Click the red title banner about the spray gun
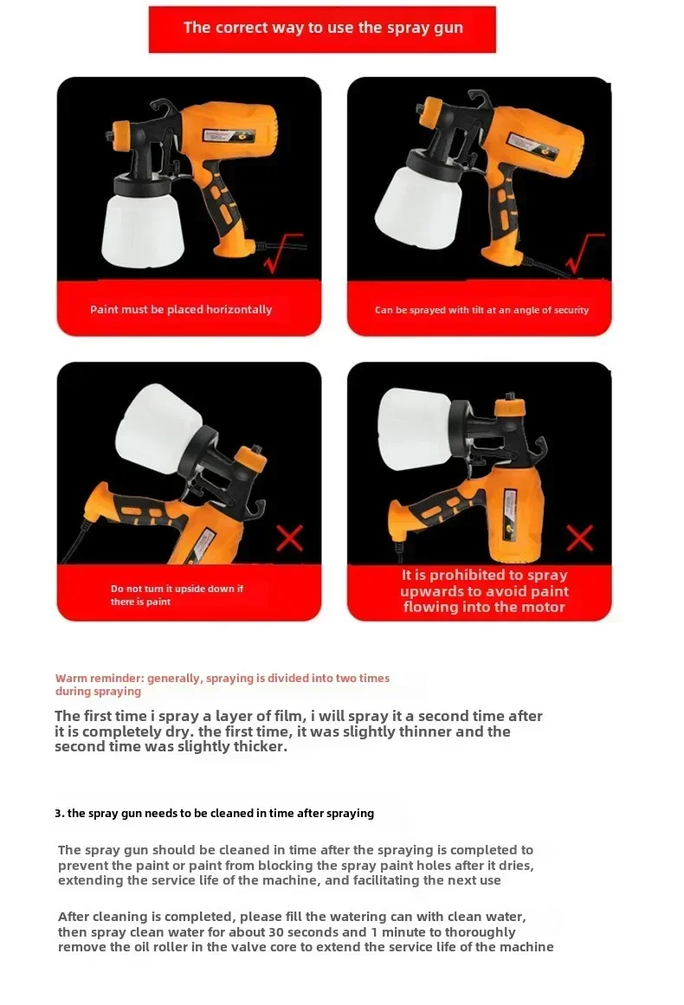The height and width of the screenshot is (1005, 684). (x=322, y=29)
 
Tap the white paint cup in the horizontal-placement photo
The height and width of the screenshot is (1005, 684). (x=143, y=227)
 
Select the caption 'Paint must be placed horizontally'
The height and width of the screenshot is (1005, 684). (x=181, y=310)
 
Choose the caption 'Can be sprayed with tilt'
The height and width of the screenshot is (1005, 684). (x=481, y=310)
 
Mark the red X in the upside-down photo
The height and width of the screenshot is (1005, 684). (x=289, y=538)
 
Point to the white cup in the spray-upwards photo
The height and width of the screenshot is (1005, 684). (x=415, y=428)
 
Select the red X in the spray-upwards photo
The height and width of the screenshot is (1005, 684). (x=579, y=538)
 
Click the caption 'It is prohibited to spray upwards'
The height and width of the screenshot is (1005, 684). (x=484, y=591)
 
